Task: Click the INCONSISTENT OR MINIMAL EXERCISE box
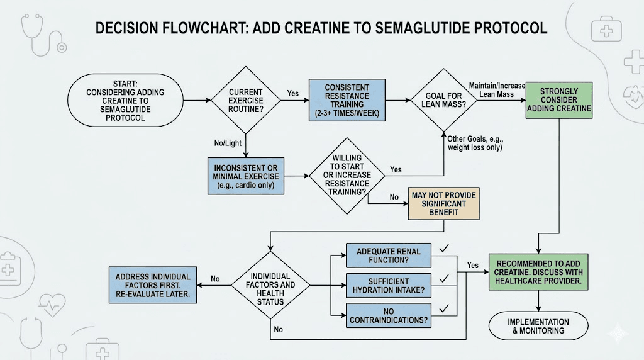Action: pos(247,176)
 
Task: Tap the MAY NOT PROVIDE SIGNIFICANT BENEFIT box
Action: pos(443,204)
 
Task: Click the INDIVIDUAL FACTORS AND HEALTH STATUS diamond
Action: pos(270,289)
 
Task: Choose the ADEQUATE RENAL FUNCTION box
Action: pos(389,256)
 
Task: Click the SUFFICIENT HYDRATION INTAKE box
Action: pos(389,285)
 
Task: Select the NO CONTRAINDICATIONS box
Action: pos(389,315)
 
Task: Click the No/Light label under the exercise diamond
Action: pos(228,143)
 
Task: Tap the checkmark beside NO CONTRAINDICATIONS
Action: pos(444,308)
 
